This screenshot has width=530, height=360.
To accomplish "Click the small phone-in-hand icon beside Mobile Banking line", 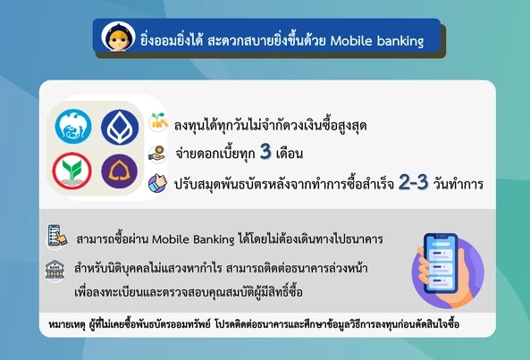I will [x=57, y=237].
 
